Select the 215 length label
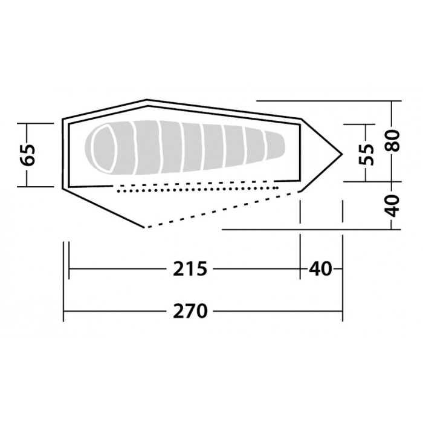point(190,268)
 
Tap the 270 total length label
point(190,311)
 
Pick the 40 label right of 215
point(321,268)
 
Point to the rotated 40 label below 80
point(393,205)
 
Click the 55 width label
point(366,153)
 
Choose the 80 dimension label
point(393,142)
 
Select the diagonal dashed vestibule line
point(224,209)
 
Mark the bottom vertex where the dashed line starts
point(145,228)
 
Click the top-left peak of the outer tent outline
point(146,100)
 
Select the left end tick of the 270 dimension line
point(64,311)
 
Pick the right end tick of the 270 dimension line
point(343,311)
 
